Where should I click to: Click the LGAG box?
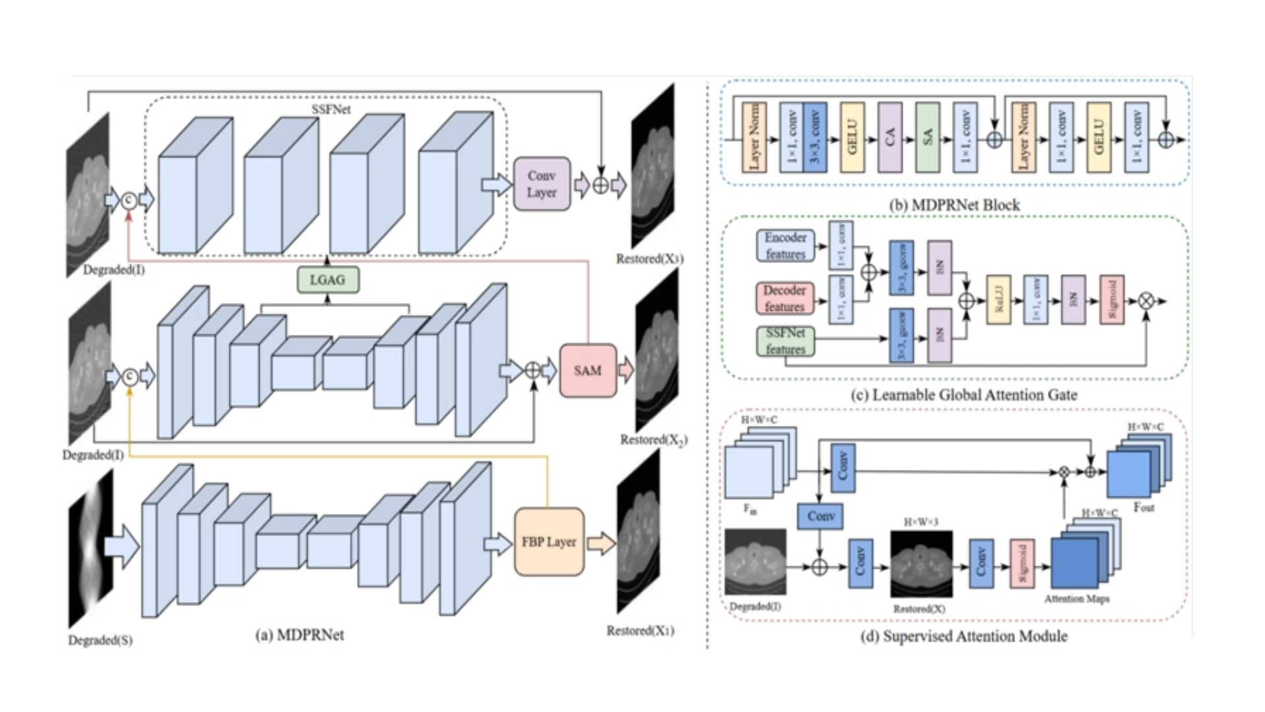tap(328, 280)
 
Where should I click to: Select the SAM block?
tap(588, 371)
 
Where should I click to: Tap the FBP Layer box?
tap(549, 542)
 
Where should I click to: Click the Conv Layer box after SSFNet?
tap(542, 184)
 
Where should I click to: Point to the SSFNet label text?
tap(331, 109)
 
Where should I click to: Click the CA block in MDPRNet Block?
tap(890, 137)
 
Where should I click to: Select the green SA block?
tap(928, 137)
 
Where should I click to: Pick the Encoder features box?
tap(785, 245)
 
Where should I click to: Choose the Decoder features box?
tap(785, 298)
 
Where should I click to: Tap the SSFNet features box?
tap(785, 341)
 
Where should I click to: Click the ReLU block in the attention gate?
tap(999, 301)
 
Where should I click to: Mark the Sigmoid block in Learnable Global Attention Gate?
tap(1112, 301)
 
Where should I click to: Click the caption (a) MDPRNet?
tap(300, 635)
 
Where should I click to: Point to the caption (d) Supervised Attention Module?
tap(964, 636)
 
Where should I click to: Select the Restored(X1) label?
tap(640, 631)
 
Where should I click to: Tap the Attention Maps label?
tap(1077, 599)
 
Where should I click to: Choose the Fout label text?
tap(1144, 508)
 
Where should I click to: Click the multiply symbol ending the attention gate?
tap(1146, 301)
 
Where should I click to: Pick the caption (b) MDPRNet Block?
tap(955, 205)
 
